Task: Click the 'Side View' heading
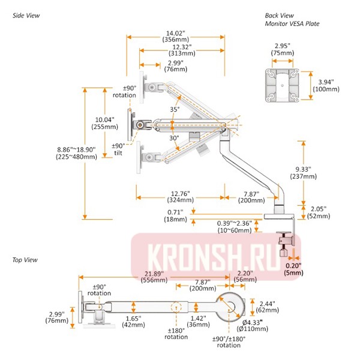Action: pyautogui.click(x=26, y=16)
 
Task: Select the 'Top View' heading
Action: pyautogui.click(x=25, y=260)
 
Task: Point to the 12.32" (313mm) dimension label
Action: pyautogui.click(x=182, y=49)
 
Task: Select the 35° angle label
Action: pyautogui.click(x=175, y=110)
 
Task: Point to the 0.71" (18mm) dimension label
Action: pyautogui.click(x=178, y=215)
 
